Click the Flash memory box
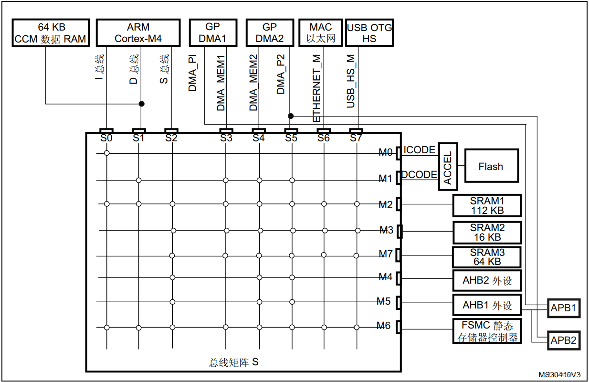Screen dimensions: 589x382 pos(491,166)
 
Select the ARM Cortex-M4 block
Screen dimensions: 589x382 pos(138,33)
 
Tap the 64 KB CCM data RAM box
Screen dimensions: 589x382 pos(51,33)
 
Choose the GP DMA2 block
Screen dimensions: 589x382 pos(270,33)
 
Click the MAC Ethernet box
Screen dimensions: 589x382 pos(320,33)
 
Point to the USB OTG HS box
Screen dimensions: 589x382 pos(369,33)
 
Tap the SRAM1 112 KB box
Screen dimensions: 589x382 pos(486,206)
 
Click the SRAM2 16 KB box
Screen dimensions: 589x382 pos(486,233)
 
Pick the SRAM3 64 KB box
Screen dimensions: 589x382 pos(486,257)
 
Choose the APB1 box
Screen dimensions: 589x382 pos(563,308)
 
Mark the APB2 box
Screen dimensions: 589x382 pos(563,340)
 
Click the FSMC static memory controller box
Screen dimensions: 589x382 pos(486,331)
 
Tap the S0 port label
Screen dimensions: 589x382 pos(106,138)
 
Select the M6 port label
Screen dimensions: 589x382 pos(383,326)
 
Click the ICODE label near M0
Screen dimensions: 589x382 pos(419,150)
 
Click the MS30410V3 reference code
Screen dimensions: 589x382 pos(560,375)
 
